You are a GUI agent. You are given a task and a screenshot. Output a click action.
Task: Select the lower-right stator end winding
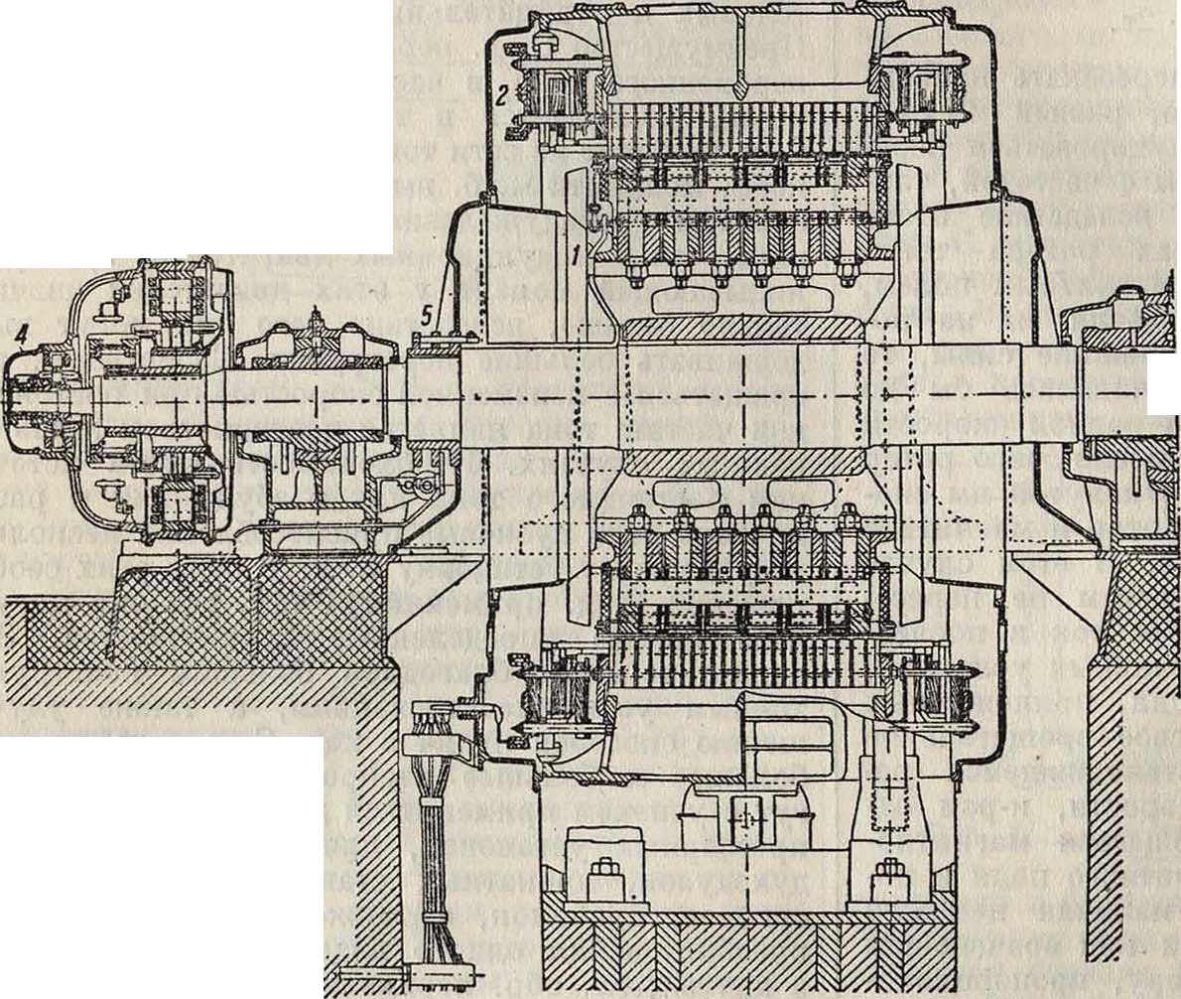[933, 695]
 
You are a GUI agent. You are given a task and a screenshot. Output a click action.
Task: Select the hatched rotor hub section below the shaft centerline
[742, 463]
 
